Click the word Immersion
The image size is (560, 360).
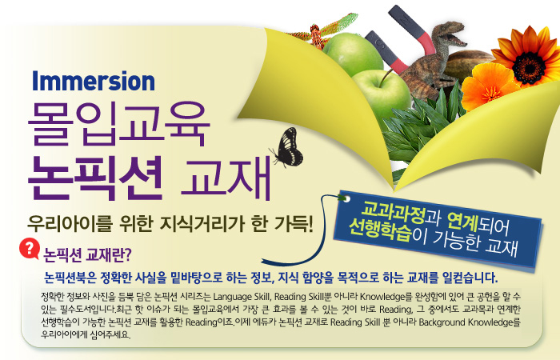coord(94,81)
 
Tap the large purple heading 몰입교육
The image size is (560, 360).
coord(119,123)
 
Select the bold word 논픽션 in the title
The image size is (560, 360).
coord(95,178)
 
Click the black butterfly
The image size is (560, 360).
coord(288,147)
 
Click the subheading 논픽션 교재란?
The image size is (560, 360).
coord(87,254)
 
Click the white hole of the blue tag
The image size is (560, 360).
coord(346,199)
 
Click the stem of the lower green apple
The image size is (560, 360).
coord(385,78)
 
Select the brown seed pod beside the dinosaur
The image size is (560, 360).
coord(469,65)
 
